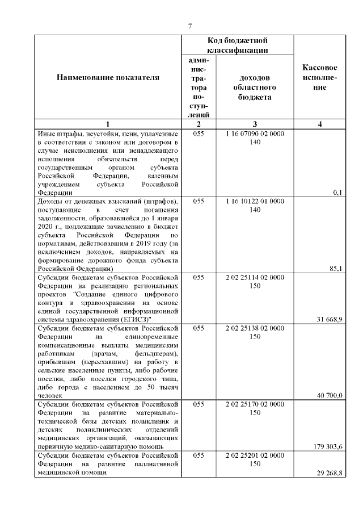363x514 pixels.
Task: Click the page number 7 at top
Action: [x=191, y=26]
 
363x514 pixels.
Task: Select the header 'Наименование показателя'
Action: [x=108, y=78]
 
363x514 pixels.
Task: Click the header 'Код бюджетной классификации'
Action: [x=237, y=45]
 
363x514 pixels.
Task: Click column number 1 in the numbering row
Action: [x=108, y=124]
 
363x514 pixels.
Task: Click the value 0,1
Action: [x=338, y=193]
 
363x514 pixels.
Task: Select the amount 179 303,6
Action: [x=329, y=447]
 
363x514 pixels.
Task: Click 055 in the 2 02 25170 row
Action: [x=199, y=404]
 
